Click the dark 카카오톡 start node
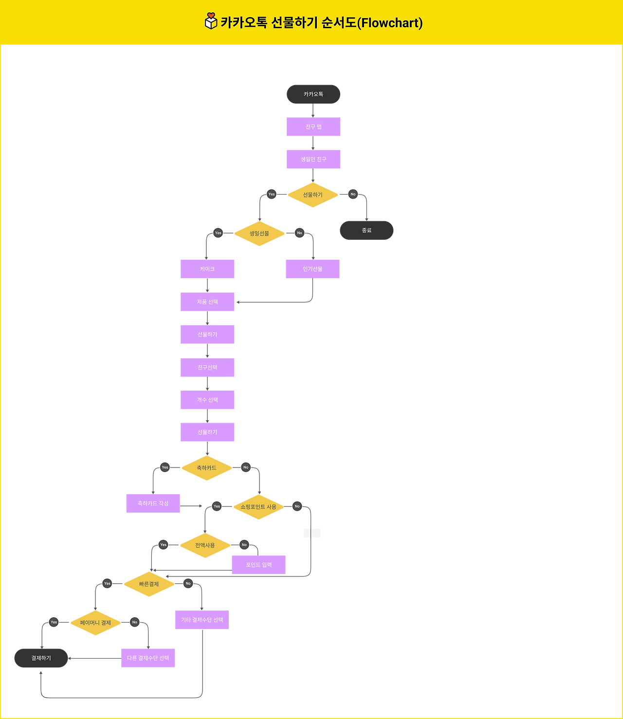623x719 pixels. (313, 94)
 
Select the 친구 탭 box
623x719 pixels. (313, 126)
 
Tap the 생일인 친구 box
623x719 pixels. (313, 159)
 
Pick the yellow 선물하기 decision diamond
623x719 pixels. (312, 195)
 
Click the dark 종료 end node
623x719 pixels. (366, 231)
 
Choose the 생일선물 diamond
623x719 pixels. (259, 234)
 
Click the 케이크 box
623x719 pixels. (207, 269)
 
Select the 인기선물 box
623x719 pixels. (312, 269)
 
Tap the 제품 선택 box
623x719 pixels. (207, 302)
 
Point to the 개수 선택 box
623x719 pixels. (207, 400)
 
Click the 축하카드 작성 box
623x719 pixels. (153, 503)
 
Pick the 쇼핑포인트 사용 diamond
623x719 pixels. (258, 507)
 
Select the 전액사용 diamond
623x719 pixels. (205, 545)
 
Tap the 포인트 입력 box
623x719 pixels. (258, 565)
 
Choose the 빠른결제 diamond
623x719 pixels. (149, 584)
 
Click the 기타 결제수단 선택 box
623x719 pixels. (202, 620)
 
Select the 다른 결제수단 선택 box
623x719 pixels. (148, 658)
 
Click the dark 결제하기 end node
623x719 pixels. (41, 658)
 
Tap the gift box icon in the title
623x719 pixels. (211, 21)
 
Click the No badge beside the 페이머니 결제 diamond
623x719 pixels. (135, 622)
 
